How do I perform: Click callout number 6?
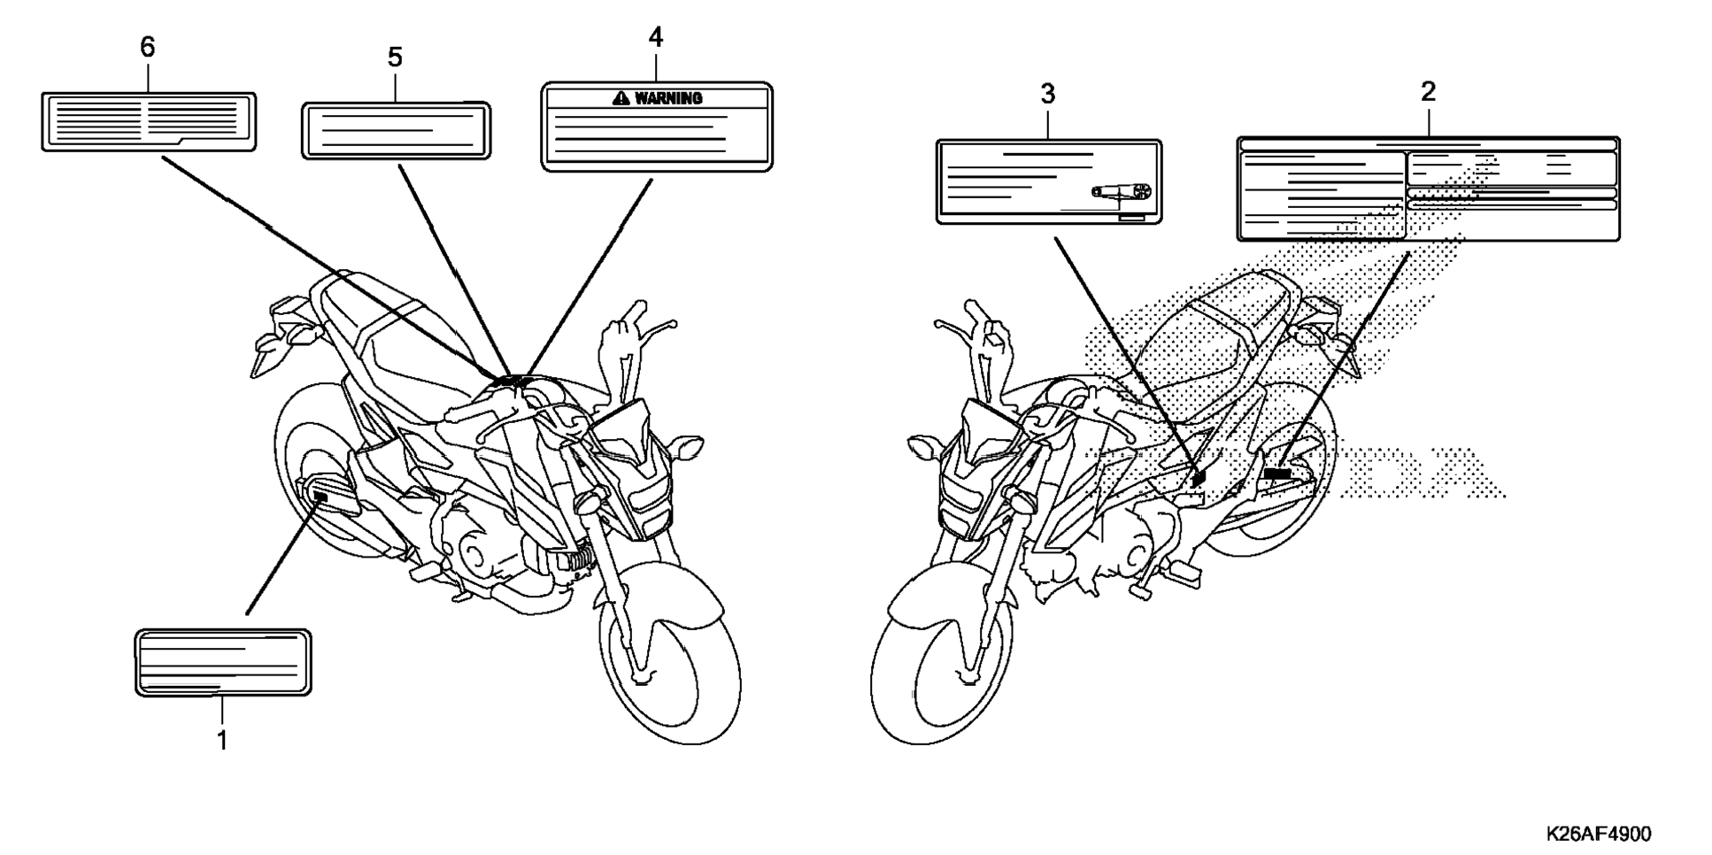click(x=148, y=48)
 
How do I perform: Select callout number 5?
click(x=395, y=58)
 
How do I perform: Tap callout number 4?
click(x=655, y=37)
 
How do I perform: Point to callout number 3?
click(x=1048, y=94)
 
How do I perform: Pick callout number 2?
click(x=1428, y=91)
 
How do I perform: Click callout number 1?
click(x=223, y=739)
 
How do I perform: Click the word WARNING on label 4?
click(x=668, y=98)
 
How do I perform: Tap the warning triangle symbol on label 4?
click(x=621, y=98)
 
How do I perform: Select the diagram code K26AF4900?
click(x=1599, y=834)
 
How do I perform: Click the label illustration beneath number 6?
click(x=149, y=121)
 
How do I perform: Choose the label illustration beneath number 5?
click(x=396, y=130)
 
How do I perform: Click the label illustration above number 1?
click(x=223, y=662)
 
